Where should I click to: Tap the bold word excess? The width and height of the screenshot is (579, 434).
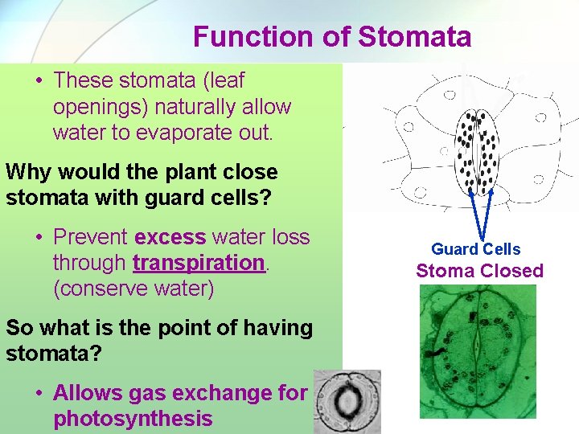coord(170,236)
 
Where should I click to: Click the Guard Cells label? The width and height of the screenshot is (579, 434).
coord(476,249)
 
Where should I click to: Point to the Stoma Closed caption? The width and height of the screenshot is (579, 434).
coord(479,271)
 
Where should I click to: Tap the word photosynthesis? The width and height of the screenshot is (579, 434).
coord(133,419)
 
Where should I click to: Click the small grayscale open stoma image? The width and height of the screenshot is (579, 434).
coord(347,402)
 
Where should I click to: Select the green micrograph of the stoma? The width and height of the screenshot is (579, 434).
coord(478,352)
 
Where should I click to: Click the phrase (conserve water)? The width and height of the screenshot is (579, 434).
coord(133,288)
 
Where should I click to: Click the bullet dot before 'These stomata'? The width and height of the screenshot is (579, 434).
coord(39,81)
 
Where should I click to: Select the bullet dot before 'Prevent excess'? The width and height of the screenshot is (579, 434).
coord(39,237)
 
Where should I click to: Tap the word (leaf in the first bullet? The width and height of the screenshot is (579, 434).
coord(218,80)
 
